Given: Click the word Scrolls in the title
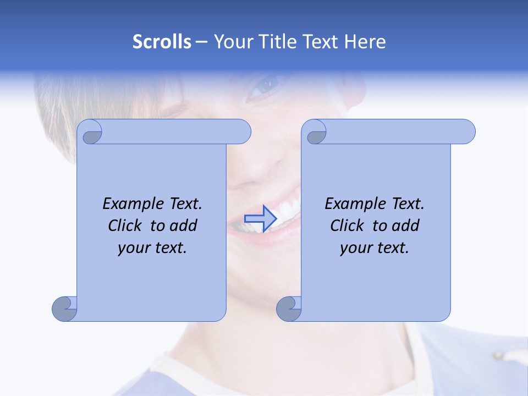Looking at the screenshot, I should point(162,42).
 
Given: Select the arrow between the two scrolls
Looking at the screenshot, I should point(260,218).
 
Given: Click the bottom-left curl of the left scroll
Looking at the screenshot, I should point(64,309).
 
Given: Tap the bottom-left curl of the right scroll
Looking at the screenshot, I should point(288,309).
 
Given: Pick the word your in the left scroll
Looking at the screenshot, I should point(133,248).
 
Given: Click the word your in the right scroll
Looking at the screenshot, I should point(355,248).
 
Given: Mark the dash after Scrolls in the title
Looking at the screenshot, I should point(201,42).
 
